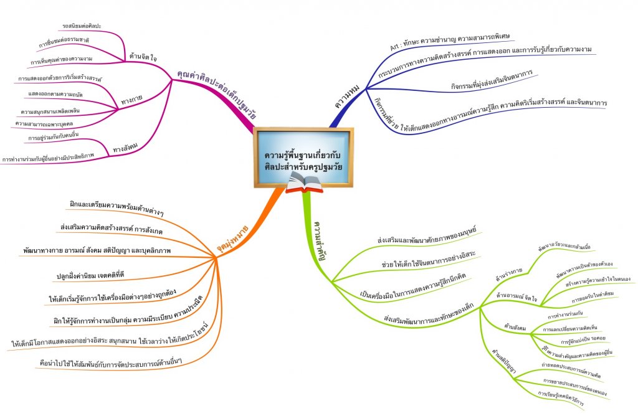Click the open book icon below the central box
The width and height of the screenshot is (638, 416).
(304, 182)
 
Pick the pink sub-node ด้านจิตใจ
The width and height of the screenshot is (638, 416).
(142, 57)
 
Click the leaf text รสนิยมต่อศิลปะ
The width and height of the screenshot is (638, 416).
(82, 26)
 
